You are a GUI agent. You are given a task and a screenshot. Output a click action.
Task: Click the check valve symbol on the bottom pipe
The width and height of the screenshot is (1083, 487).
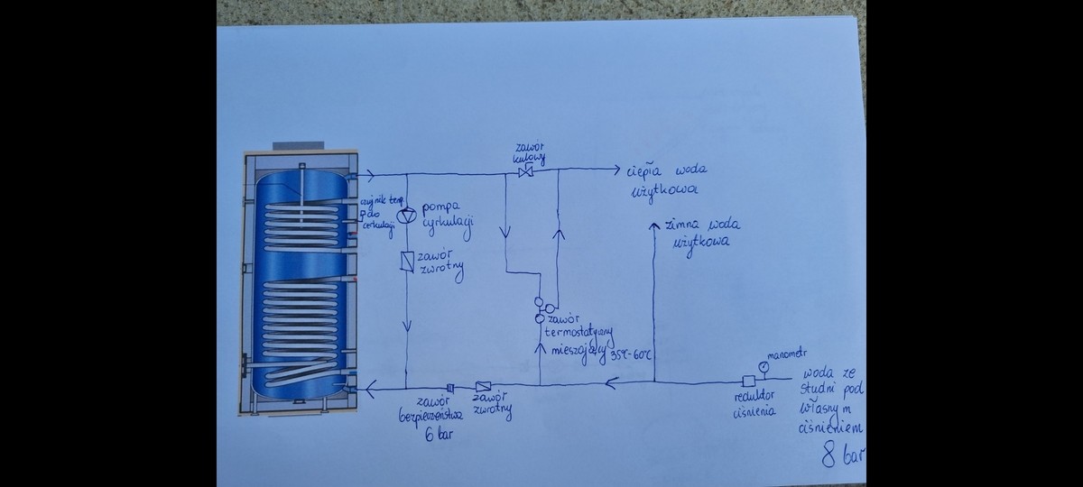point(482,386)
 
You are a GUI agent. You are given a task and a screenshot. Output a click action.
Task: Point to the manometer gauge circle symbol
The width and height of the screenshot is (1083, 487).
point(764,366)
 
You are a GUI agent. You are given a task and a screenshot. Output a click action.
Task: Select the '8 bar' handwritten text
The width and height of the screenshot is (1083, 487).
point(841,456)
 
